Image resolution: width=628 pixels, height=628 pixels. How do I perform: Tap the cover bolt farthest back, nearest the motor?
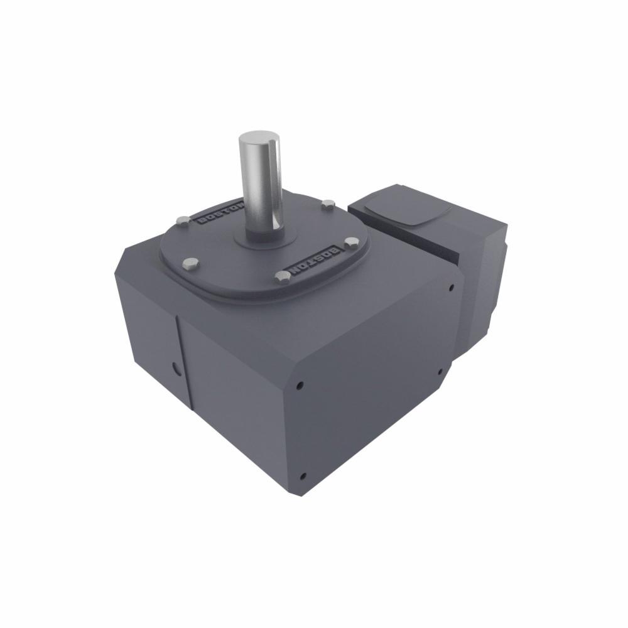point(327,203)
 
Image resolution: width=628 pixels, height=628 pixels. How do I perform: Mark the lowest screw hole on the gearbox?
point(303,475)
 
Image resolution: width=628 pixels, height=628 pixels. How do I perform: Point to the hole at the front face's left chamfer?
point(301,384)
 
